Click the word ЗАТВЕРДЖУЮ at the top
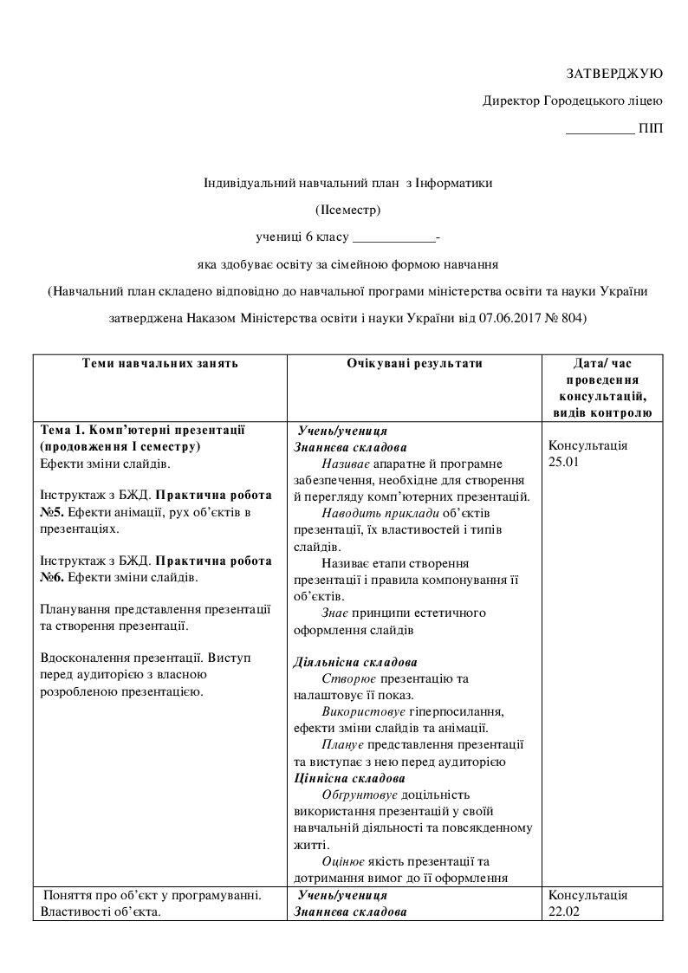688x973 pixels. [x=614, y=73]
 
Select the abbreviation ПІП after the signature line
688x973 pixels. [x=651, y=129]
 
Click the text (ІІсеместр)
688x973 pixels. [x=347, y=209]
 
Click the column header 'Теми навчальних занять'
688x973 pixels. [x=159, y=364]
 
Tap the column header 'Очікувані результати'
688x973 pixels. [x=415, y=364]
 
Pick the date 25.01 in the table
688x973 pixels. [x=563, y=462]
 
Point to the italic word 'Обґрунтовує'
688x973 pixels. [x=359, y=795]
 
